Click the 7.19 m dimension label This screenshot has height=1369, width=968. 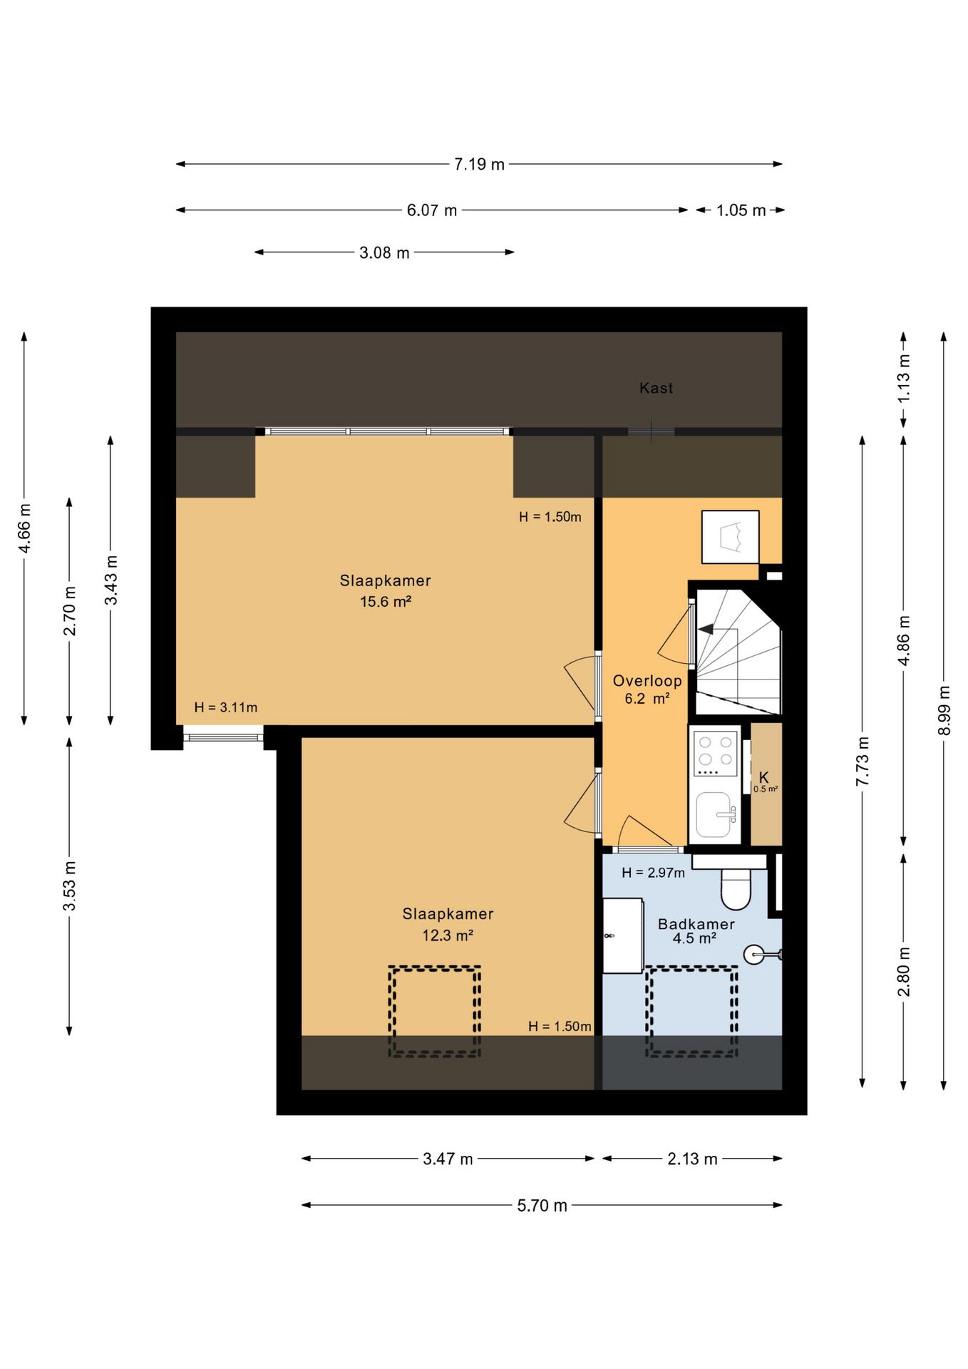[479, 164]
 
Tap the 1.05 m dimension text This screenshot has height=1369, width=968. [741, 210]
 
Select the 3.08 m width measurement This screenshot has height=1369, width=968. [384, 252]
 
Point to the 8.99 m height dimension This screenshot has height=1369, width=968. [944, 710]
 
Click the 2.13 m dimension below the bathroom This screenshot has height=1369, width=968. [692, 1159]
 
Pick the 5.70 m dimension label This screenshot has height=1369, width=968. [542, 1205]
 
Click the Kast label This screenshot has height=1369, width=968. [656, 388]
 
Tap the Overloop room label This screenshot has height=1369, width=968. [647, 681]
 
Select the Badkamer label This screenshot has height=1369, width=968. [696, 924]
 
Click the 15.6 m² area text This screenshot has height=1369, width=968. [386, 602]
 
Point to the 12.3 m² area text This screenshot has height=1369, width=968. [448, 935]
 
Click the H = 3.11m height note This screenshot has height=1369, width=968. [226, 707]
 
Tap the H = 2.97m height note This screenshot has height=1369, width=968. [653, 873]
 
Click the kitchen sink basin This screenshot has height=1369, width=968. [714, 815]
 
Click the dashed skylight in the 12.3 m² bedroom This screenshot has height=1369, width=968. [434, 1011]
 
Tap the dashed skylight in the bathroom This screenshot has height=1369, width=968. [691, 1011]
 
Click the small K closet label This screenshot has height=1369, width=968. [763, 777]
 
